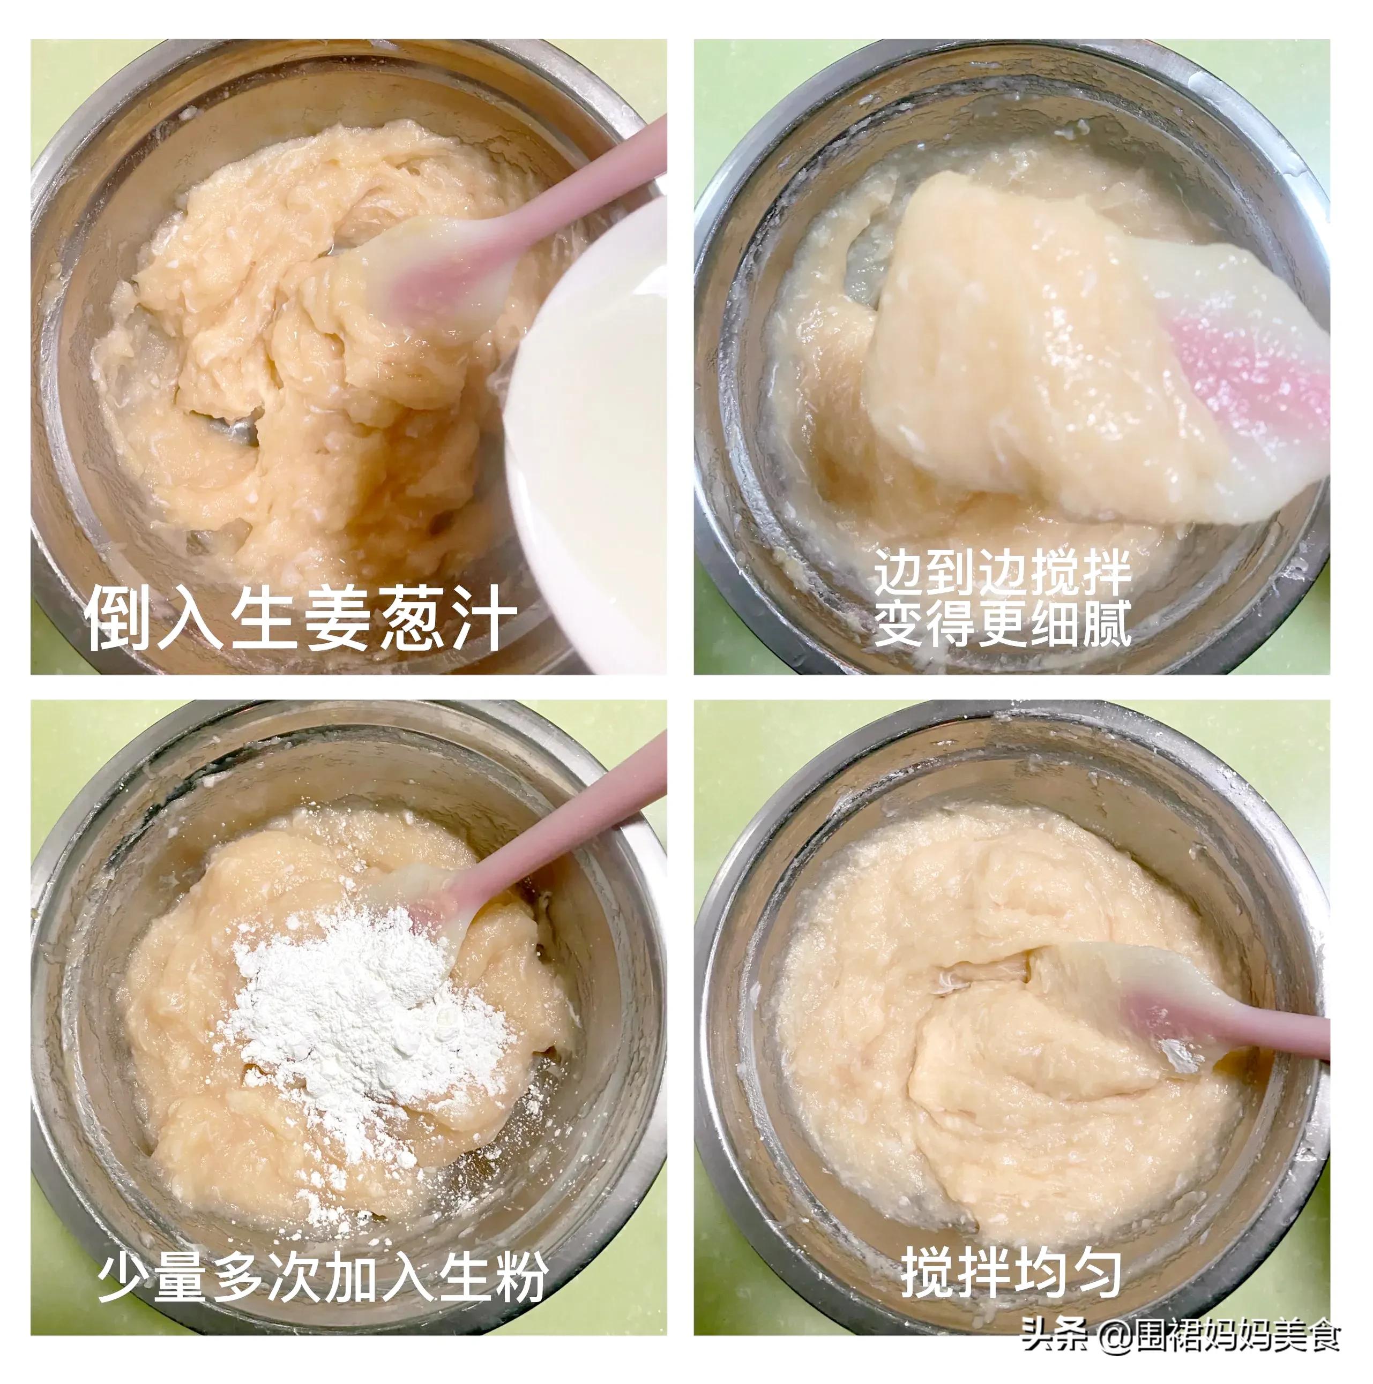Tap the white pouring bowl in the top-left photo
[x=587, y=430]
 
